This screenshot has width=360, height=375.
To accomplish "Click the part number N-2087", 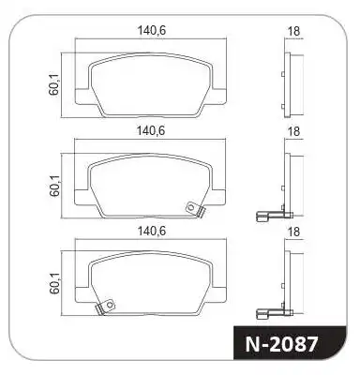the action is pos(281,344).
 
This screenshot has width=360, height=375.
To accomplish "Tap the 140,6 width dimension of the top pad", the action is pos(151,31).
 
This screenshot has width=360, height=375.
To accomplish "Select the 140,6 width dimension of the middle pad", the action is pos(151,130).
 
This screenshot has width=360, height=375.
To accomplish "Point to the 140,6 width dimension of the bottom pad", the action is pos(152,231).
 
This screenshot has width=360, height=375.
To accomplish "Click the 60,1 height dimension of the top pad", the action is pos(54,85).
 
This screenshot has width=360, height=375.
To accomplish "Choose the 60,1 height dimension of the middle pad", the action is pos(54,186).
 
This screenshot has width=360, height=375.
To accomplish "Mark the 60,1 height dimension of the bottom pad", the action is pos(54,284).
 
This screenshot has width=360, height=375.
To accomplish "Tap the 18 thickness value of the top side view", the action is pos(293,31).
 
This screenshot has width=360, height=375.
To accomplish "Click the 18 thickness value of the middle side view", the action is pos(293,131).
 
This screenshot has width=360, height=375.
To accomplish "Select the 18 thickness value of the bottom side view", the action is pos(293,232).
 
